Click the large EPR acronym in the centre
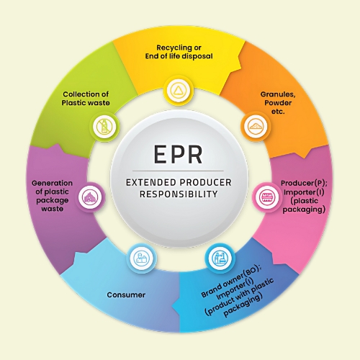tap(178, 154)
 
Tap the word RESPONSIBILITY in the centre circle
tap(179, 194)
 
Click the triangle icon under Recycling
tap(179, 91)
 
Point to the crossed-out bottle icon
tap(104, 126)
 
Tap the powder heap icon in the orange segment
tap(256, 126)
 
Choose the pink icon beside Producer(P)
tap(267, 197)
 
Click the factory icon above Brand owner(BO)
tap(220, 258)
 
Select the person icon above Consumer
tap(141, 258)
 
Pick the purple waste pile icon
tap(90, 197)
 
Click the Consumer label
tap(126, 294)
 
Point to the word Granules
tap(278, 94)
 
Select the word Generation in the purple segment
tap(52, 183)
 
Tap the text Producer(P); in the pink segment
tap(304, 183)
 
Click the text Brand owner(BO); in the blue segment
tap(231, 282)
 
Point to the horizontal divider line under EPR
tap(178, 171)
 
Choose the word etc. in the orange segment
tap(278, 112)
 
